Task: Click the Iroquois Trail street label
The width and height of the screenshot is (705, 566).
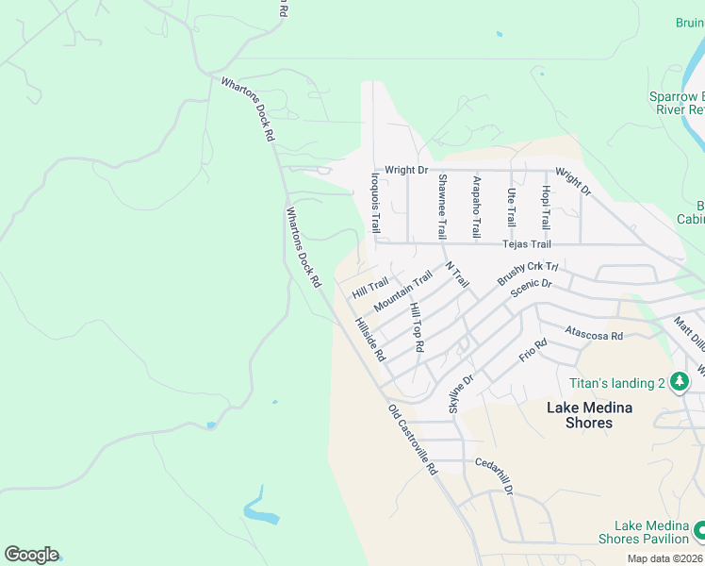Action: (375, 202)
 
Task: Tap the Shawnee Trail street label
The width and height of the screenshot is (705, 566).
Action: (442, 206)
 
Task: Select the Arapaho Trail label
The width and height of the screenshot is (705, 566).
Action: (477, 207)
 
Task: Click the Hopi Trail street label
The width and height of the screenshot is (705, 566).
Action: (545, 208)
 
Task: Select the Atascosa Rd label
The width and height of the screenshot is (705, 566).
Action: (594, 334)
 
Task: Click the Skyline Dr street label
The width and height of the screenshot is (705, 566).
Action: (460, 391)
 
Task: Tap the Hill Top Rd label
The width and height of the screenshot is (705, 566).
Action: (416, 328)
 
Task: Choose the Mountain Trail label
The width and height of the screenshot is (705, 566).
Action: (402, 292)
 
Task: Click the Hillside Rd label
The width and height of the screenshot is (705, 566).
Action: (370, 340)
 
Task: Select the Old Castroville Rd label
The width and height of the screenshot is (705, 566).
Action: (414, 440)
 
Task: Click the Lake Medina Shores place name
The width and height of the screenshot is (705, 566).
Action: (590, 415)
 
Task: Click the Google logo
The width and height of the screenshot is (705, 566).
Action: (31, 555)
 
